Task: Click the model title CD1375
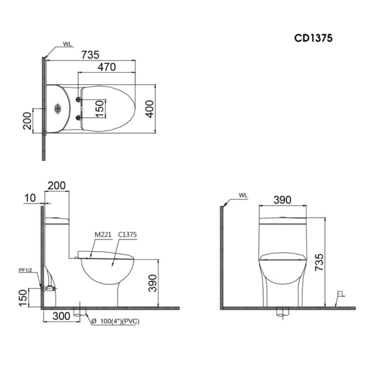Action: point(313,39)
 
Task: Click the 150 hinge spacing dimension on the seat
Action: point(100,108)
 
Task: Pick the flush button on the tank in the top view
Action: point(58,108)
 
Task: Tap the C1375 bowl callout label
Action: point(127,235)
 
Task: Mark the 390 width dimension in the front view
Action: point(282,200)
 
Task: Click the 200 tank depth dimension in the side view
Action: point(57,185)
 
